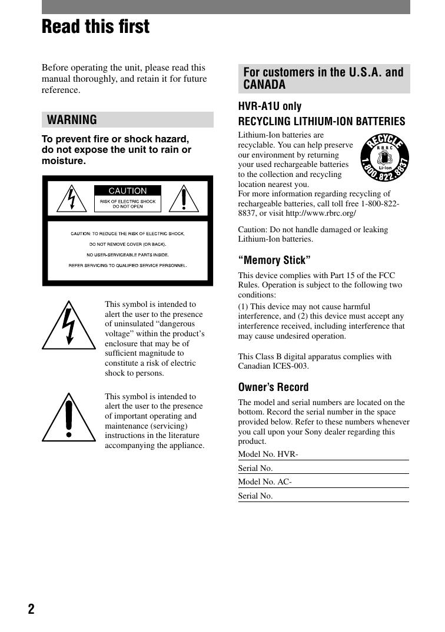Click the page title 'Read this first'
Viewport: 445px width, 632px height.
click(95, 27)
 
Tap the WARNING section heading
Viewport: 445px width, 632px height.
click(72, 120)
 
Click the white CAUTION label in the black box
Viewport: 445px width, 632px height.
click(128, 190)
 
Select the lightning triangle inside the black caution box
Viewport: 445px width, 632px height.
click(71, 199)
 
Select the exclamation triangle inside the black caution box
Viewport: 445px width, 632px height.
click(184, 199)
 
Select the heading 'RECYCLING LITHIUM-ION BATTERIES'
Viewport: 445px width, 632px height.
click(321, 122)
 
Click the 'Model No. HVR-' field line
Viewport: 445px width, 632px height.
click(323, 454)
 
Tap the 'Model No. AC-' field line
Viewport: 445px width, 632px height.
click(323, 482)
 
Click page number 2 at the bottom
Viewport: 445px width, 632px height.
click(31, 609)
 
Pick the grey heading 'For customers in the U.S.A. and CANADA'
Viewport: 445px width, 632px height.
click(323, 78)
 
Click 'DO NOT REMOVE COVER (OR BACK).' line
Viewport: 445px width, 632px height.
click(128, 244)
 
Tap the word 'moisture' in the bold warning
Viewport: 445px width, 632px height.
click(62, 160)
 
